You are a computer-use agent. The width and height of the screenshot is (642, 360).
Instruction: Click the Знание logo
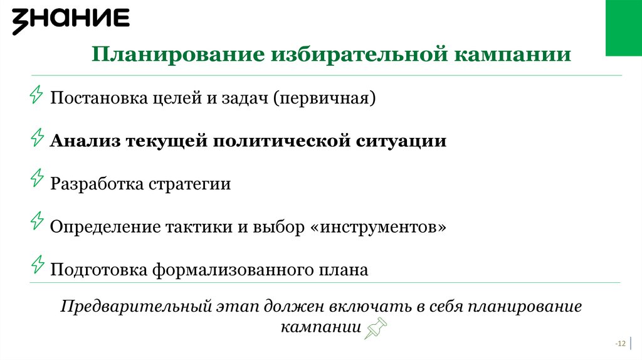[x=71, y=21]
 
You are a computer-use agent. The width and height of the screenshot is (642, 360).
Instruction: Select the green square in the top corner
[x=623, y=28]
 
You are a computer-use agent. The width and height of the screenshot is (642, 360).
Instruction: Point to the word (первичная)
[x=324, y=98]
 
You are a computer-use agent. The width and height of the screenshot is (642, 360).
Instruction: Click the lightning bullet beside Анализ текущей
[x=37, y=137]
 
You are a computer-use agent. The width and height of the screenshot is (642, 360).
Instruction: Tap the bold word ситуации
[x=401, y=141]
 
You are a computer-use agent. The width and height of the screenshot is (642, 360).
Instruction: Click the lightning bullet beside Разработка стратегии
[x=37, y=179]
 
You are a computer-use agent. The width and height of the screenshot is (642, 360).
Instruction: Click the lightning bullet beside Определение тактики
[x=37, y=221]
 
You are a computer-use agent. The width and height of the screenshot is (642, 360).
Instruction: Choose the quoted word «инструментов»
[x=379, y=226]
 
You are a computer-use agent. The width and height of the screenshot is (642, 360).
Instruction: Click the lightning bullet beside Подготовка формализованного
[x=37, y=265]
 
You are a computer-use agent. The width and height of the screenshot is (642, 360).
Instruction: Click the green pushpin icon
[x=376, y=327]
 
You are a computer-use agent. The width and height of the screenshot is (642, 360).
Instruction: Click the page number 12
[x=621, y=344]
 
